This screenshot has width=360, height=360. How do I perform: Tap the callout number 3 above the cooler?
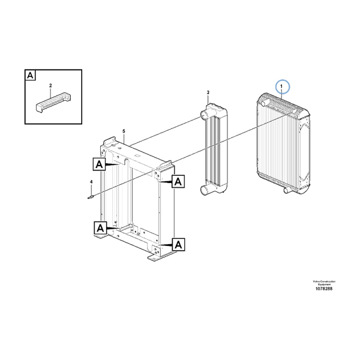(208, 92)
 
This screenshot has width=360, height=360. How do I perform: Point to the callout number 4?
(91, 181)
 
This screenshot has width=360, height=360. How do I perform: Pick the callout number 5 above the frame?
(123, 131)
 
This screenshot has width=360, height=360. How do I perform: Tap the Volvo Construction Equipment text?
(323, 283)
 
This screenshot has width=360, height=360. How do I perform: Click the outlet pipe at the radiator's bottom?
(286, 191)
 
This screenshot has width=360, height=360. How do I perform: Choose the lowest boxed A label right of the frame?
(178, 244)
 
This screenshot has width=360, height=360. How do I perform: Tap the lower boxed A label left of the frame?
(100, 227)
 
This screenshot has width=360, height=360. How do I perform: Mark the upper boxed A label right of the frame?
(178, 181)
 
